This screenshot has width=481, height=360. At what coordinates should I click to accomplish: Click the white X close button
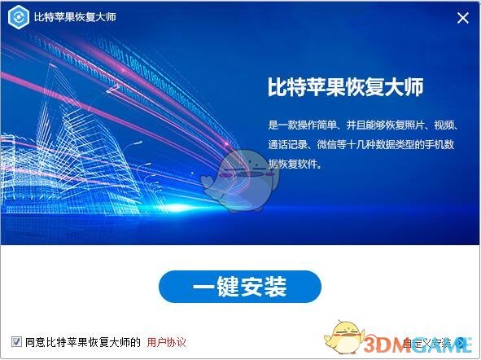[x=462, y=18]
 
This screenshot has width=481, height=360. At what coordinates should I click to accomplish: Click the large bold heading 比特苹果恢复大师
[x=346, y=87]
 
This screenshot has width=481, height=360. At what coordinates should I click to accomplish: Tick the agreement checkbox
[x=16, y=341]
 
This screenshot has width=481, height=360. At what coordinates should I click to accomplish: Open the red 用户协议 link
[x=167, y=341]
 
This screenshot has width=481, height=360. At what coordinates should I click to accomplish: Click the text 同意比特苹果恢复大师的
[x=83, y=341]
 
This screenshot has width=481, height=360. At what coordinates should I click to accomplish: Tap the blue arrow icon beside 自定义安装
[x=461, y=342]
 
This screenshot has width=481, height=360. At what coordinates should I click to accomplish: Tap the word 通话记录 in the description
[x=289, y=144]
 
